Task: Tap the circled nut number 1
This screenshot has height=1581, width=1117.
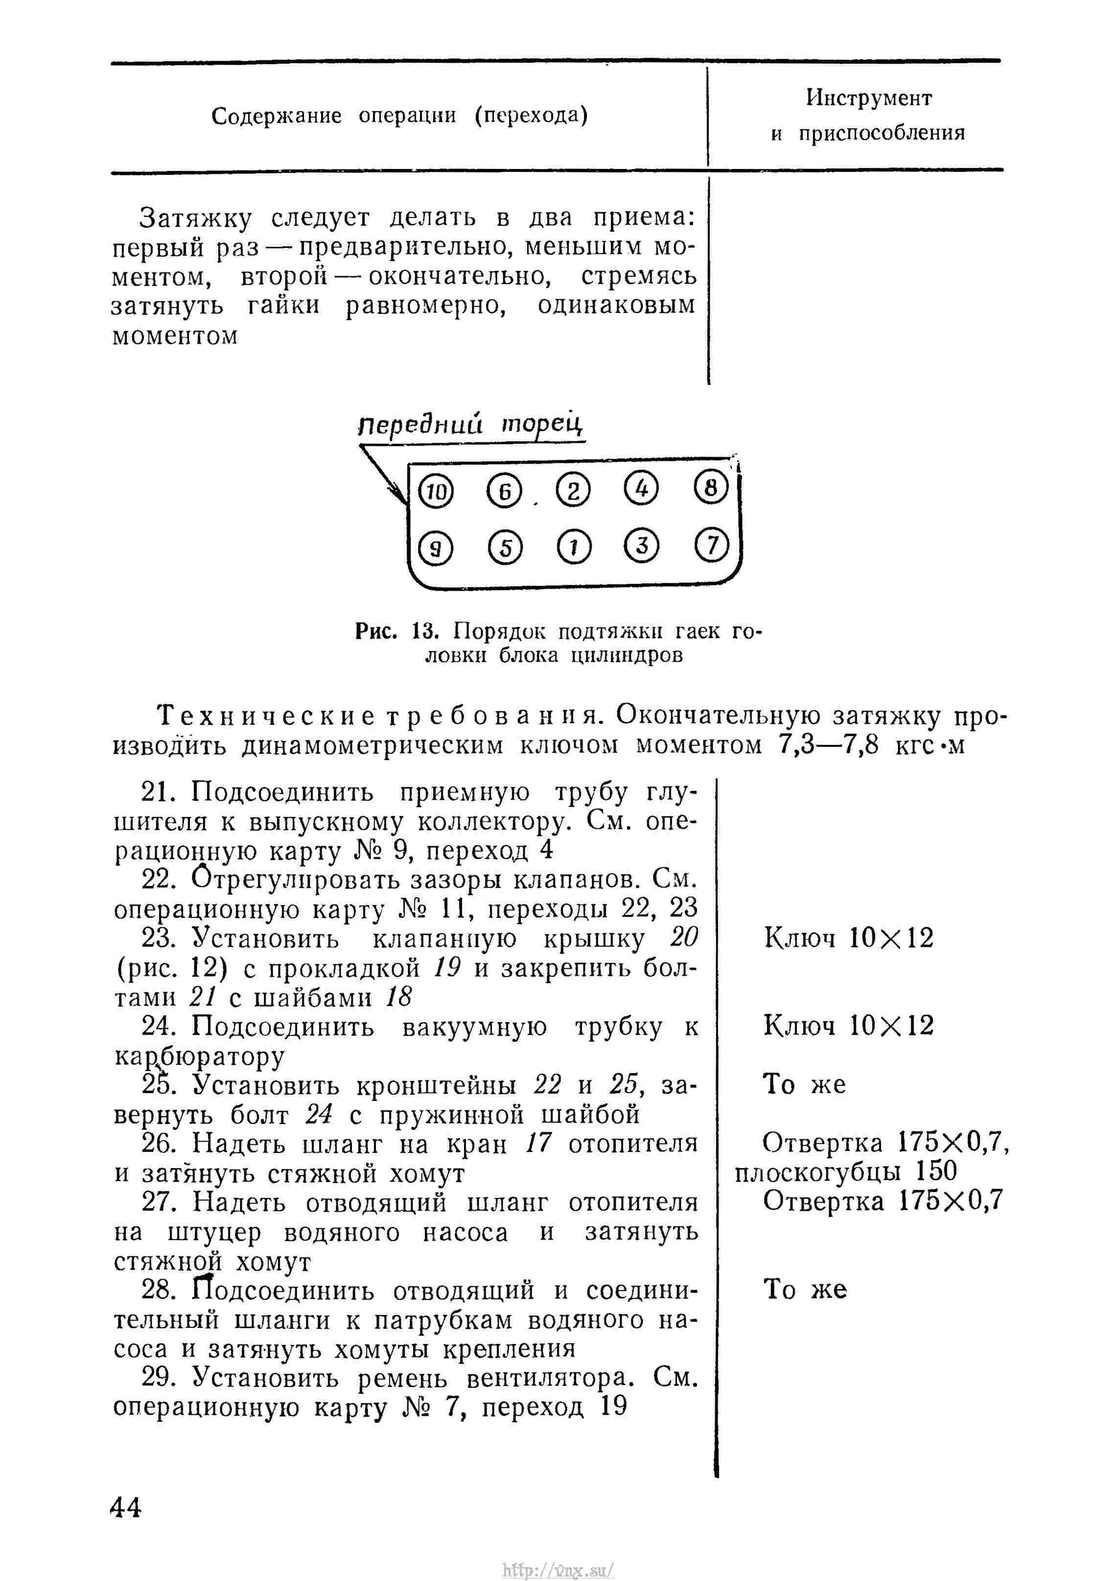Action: (x=573, y=548)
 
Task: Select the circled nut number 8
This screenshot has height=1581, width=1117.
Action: (x=711, y=488)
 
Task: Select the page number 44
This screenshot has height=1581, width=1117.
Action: (x=125, y=1508)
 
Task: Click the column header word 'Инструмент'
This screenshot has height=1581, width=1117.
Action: (x=868, y=98)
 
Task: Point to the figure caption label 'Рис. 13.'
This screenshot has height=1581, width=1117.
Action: (x=397, y=631)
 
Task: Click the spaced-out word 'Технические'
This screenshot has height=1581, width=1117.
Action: (x=267, y=716)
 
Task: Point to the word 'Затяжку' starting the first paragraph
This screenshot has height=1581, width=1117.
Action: (x=196, y=218)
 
